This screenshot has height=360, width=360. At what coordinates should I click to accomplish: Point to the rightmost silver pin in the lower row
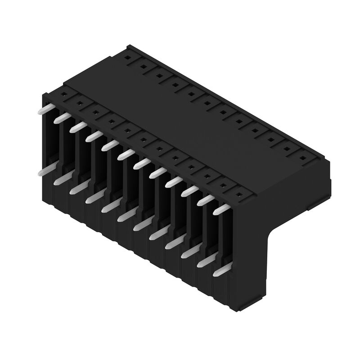click(x=224, y=271)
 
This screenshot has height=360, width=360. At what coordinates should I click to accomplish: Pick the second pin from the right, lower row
click(x=205, y=262)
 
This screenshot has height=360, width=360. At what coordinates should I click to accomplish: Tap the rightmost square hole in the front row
click(x=239, y=195)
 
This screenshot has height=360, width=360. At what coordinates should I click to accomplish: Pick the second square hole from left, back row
click(x=144, y=67)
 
